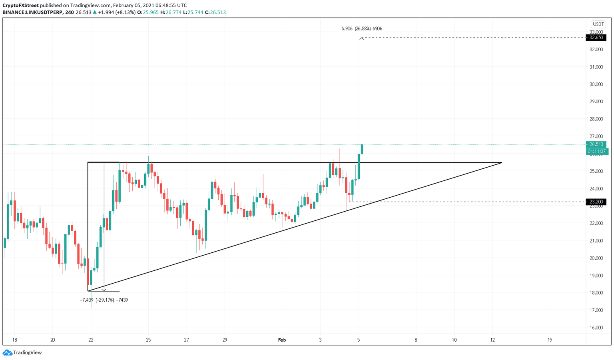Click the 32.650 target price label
click(596, 38)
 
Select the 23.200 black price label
click(596, 202)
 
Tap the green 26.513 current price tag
click(596, 144)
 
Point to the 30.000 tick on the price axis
click(596, 84)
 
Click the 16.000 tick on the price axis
click(596, 328)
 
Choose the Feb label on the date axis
click(282, 340)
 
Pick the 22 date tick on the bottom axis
click(91, 340)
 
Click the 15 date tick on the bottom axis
click(550, 340)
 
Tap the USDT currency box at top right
click(598, 24)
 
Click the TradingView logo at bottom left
click(22, 352)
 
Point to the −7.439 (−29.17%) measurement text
click(104, 300)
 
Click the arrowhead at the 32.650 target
click(362, 38)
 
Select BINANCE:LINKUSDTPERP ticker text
click(32, 12)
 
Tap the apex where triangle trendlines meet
click(501, 163)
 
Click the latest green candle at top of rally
click(362, 149)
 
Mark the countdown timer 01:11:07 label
click(597, 152)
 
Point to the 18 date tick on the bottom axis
click(14, 340)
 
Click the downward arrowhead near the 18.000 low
click(104, 290)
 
